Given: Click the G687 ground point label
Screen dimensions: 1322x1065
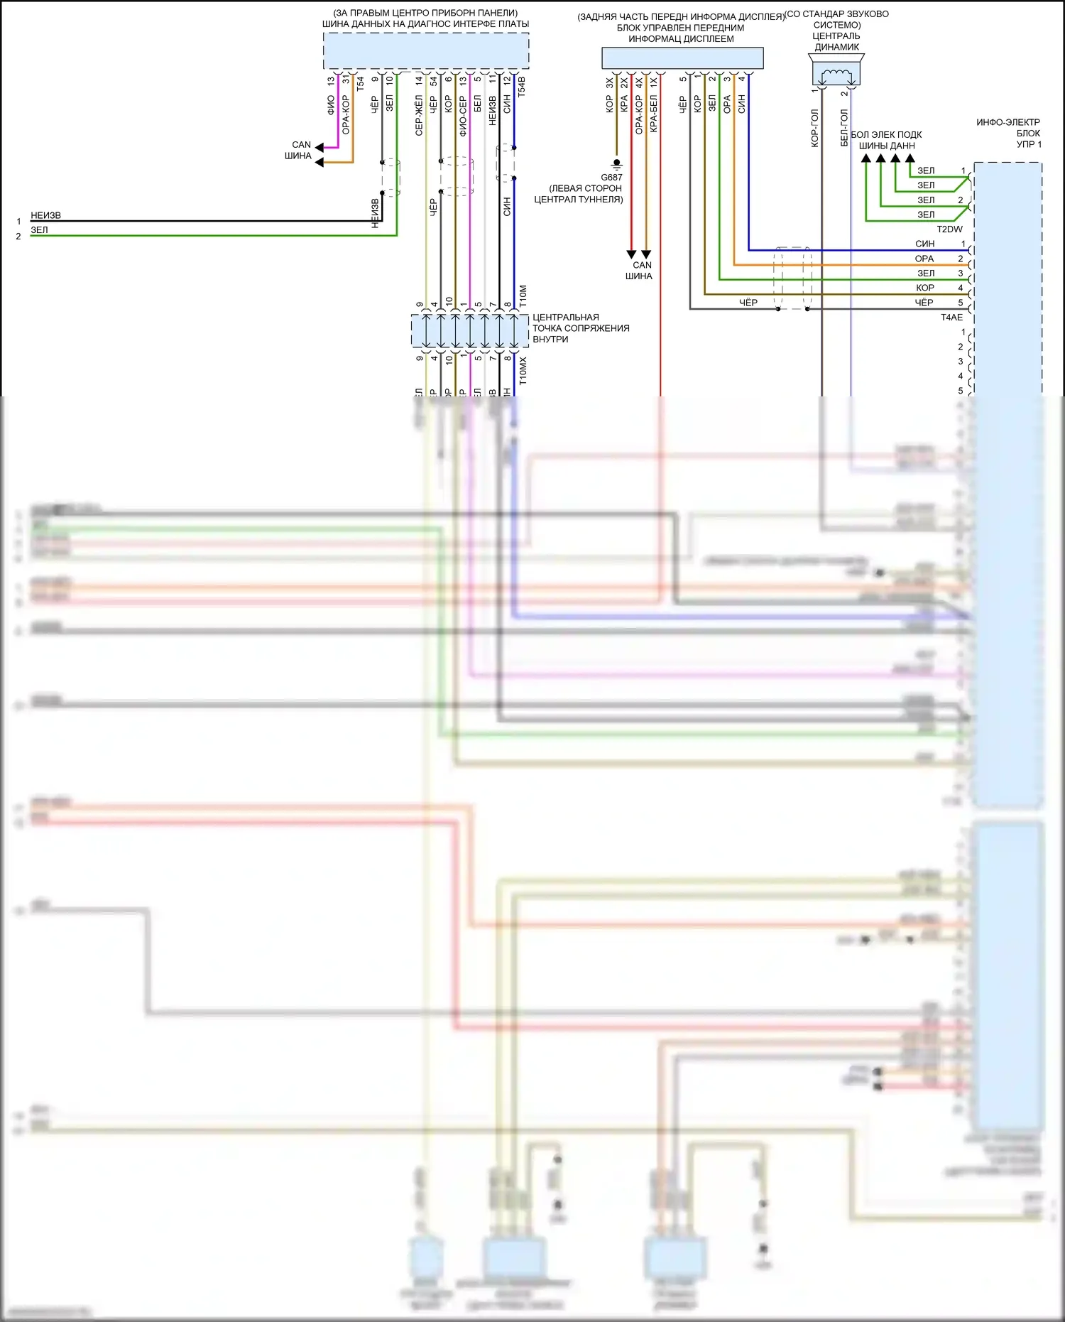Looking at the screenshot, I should (x=611, y=178).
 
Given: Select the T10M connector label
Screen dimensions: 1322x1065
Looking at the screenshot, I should (x=523, y=296).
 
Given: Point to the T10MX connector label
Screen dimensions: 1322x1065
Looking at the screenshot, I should (x=523, y=371).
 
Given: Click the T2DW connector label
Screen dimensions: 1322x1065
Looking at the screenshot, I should (x=949, y=229).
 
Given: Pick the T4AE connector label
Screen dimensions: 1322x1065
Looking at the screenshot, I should (x=951, y=318).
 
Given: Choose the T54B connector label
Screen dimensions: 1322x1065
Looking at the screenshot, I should (x=522, y=87).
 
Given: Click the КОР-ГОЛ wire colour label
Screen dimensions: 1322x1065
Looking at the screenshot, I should (x=814, y=128).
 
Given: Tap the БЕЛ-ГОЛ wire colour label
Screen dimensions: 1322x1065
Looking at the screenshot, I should (x=844, y=128).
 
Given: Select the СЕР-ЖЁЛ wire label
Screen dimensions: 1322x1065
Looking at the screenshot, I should (x=419, y=116).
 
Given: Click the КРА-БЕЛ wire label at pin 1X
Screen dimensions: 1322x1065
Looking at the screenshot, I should (x=653, y=114).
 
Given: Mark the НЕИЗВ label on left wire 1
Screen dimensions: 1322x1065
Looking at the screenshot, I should (x=45, y=215).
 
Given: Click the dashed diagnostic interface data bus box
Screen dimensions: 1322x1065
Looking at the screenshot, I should (x=425, y=51).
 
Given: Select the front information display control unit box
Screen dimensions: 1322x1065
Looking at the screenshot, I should (x=682, y=58).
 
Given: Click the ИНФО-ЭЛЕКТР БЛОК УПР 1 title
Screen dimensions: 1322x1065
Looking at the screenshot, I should (x=1008, y=134).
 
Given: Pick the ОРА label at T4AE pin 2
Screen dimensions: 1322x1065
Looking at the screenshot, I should (x=924, y=259).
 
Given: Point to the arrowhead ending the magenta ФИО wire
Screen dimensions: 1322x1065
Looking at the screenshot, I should (x=319, y=148).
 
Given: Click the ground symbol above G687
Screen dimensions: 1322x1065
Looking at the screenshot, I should (x=616, y=163).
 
